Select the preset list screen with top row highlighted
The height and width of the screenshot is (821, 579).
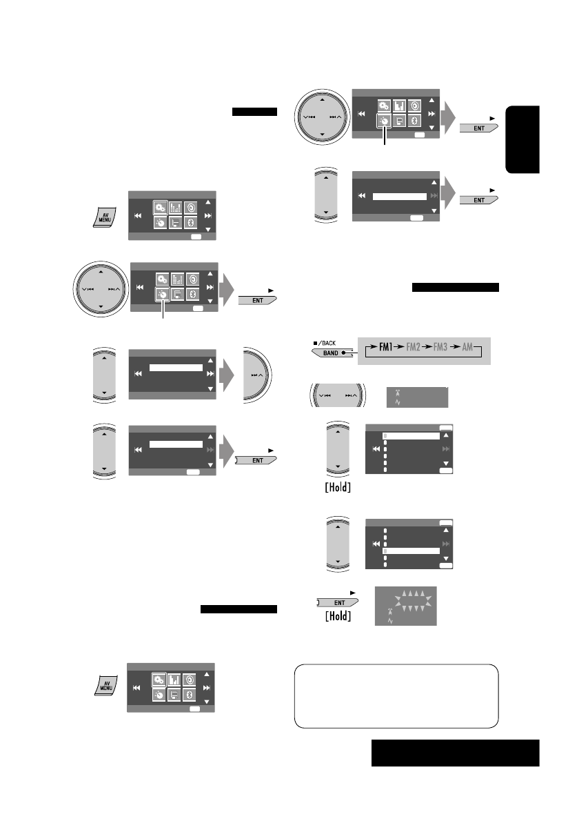411,449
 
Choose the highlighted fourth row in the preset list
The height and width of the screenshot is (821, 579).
412,551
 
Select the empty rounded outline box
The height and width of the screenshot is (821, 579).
396,696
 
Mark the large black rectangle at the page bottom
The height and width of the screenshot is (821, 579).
454,753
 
